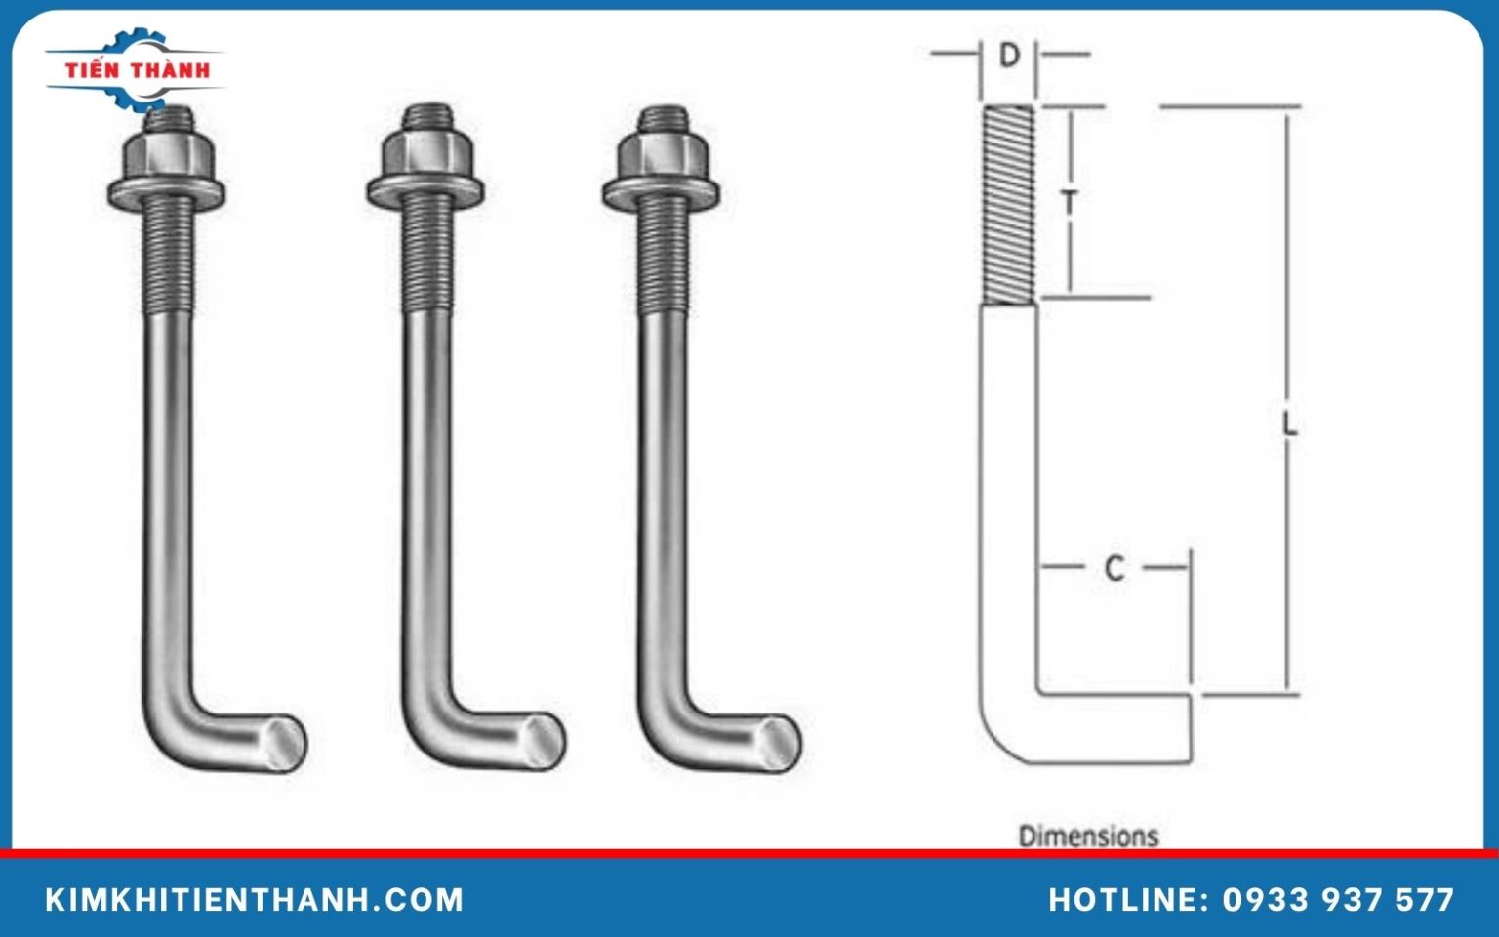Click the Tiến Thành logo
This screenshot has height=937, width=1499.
[x=136, y=69]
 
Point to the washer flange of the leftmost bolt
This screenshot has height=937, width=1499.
[x=166, y=191]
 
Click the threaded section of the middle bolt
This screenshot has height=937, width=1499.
[x=427, y=254]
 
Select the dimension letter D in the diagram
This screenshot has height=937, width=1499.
[x=1009, y=56]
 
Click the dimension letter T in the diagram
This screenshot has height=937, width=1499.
[x=1071, y=203]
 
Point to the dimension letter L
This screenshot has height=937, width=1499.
[x=1289, y=425]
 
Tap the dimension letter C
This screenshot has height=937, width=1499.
[x=1114, y=568]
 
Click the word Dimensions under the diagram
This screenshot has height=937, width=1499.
[x=1088, y=835]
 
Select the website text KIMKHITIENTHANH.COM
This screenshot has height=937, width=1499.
[x=255, y=899]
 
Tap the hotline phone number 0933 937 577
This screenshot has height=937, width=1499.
[x=1338, y=899]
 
